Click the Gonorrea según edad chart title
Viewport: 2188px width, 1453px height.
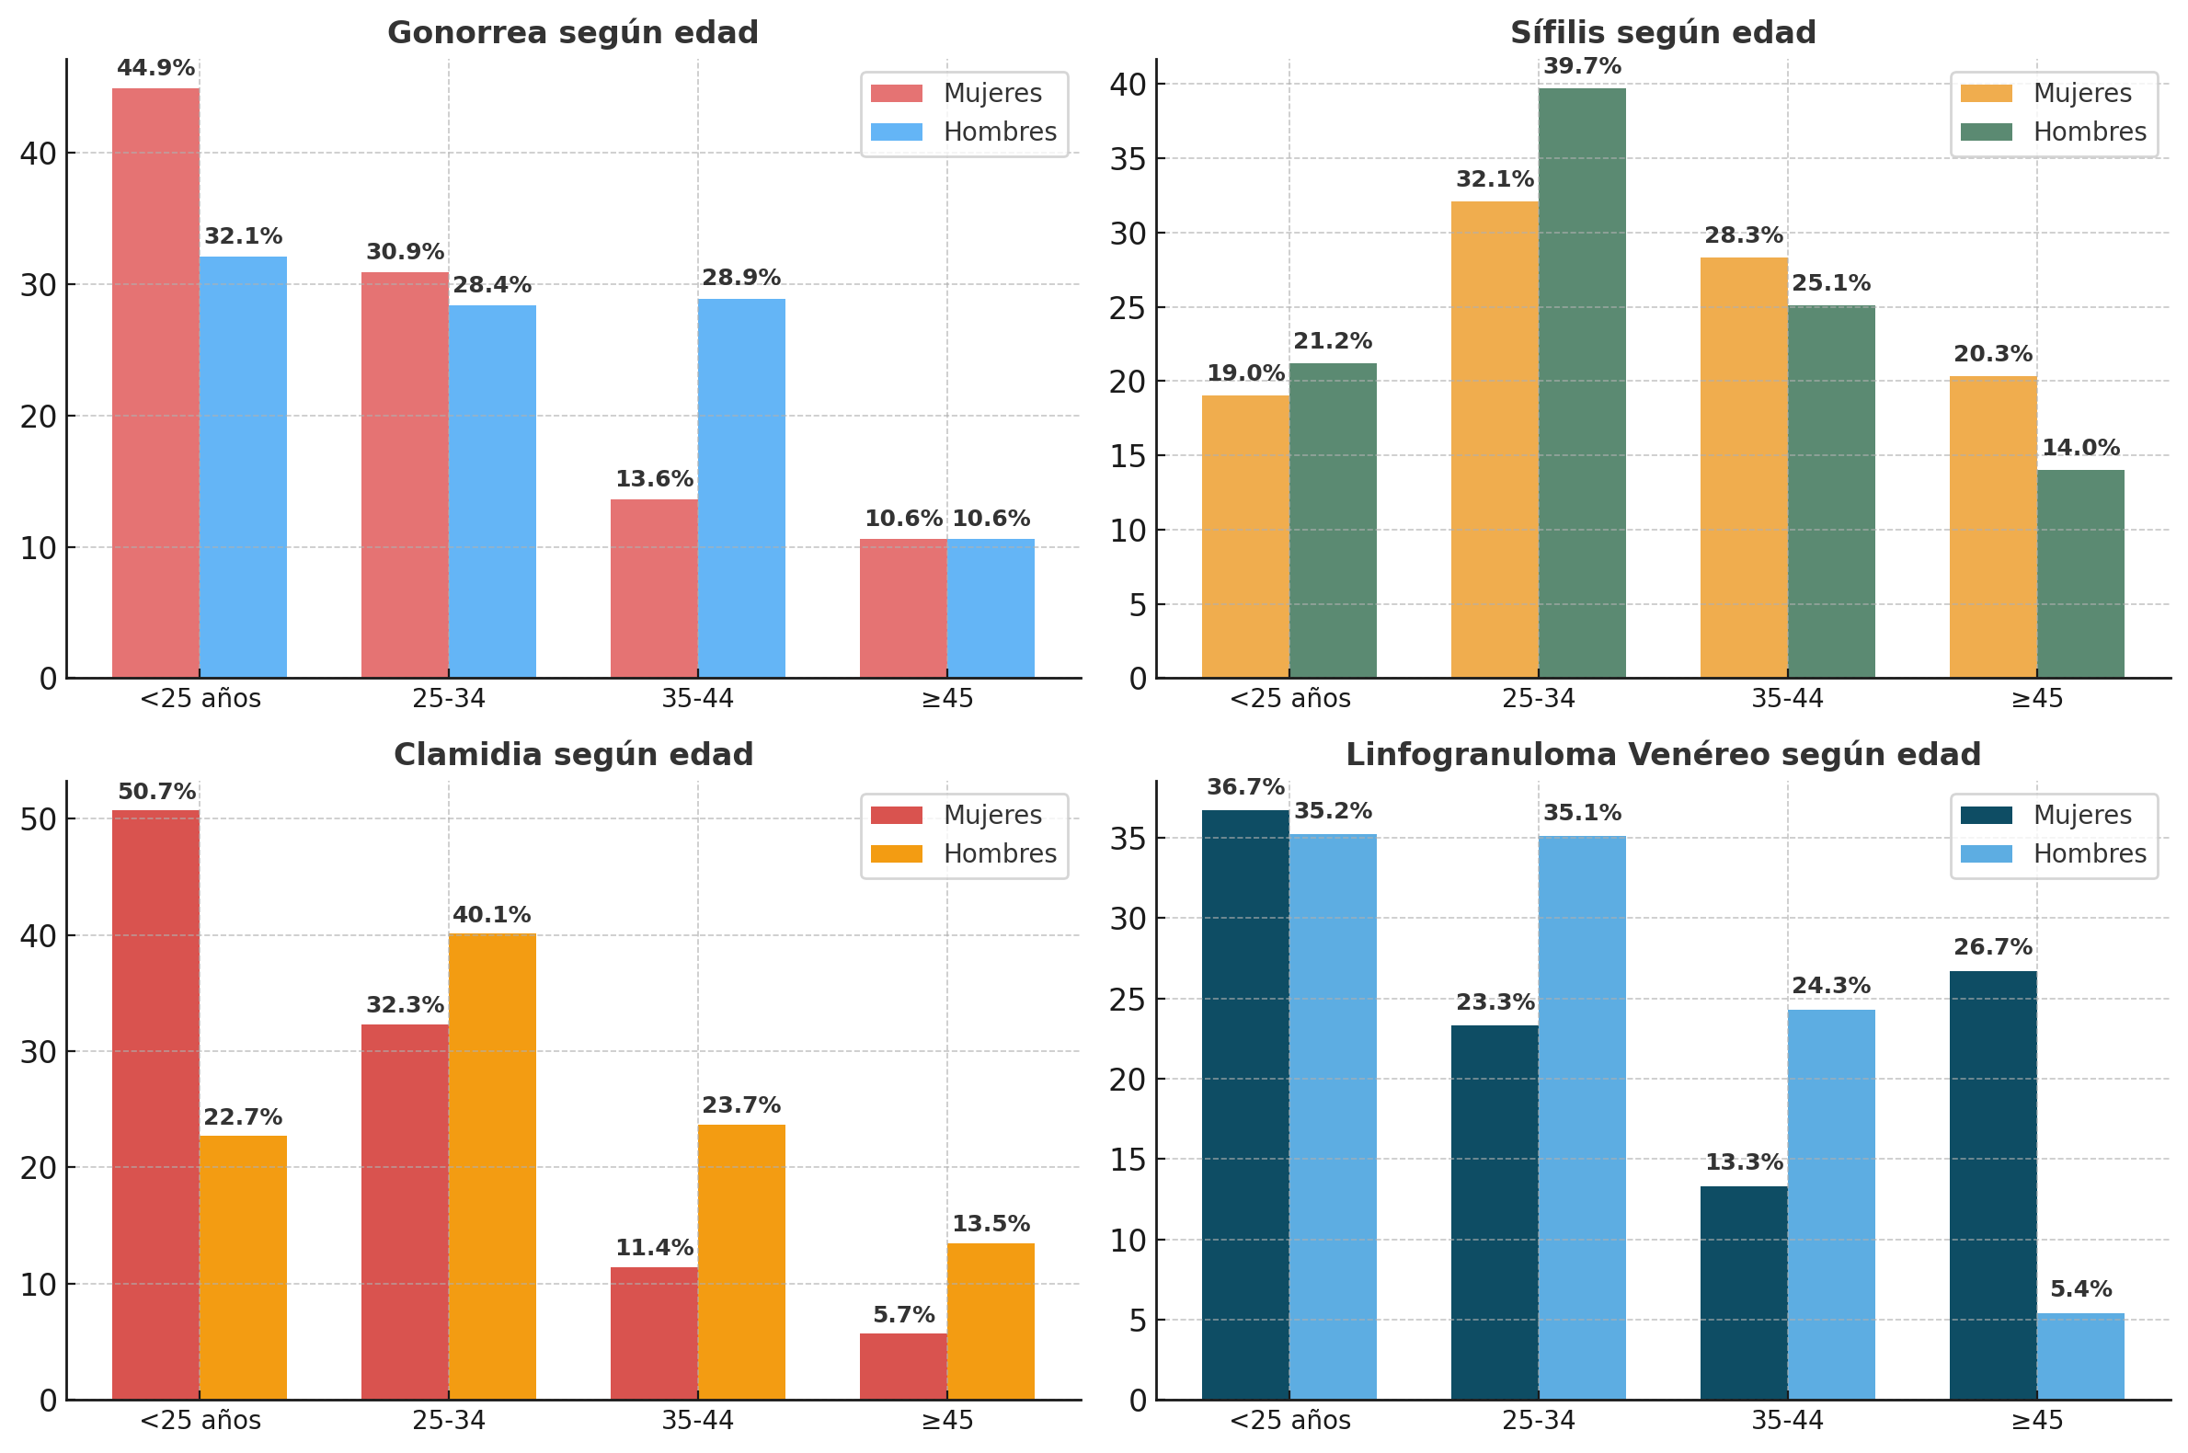pyautogui.click(x=572, y=33)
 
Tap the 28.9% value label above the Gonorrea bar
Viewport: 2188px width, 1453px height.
pyautogui.click(x=740, y=278)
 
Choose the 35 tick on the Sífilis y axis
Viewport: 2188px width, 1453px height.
pyautogui.click(x=1128, y=159)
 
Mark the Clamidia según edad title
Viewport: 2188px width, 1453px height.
pyautogui.click(x=573, y=755)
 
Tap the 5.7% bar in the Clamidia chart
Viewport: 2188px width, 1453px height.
pyautogui.click(x=902, y=1366)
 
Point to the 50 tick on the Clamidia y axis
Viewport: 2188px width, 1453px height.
pyautogui.click(x=38, y=819)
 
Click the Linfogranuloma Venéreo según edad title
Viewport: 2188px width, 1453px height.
pyautogui.click(x=1663, y=755)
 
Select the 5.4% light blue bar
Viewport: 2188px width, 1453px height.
pyautogui.click(x=2079, y=1356)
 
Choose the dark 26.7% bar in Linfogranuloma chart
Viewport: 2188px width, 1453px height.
pyautogui.click(x=1992, y=1185)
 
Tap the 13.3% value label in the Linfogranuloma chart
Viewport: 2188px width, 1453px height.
pyautogui.click(x=1743, y=1162)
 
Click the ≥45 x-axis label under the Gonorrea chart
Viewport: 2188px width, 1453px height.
pyautogui.click(x=947, y=699)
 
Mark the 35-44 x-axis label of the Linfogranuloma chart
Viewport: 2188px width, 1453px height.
pyautogui.click(x=1787, y=1421)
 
